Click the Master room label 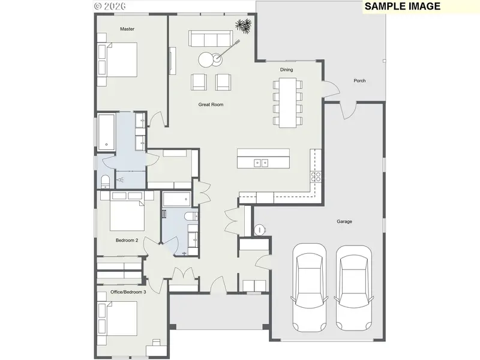(127, 29)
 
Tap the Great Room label (211, 104)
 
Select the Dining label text (287, 70)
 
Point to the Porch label (359, 81)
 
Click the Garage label (344, 221)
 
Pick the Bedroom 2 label (127, 241)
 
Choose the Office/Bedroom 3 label (128, 292)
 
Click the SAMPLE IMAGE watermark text (402, 6)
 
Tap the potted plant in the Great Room (244, 26)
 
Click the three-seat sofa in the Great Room (211, 38)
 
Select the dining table (288, 103)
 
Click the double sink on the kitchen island (261, 163)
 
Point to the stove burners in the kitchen (316, 177)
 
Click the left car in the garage (309, 287)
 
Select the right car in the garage (354, 288)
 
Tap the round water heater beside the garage (260, 230)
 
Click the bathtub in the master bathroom (107, 132)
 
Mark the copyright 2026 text (110, 7)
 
